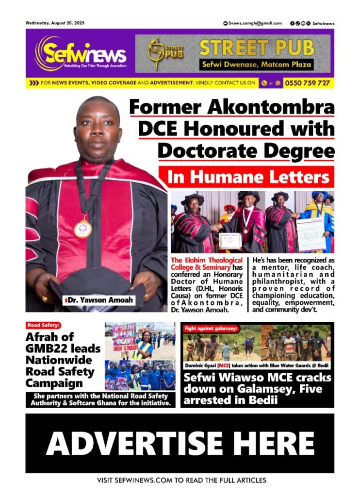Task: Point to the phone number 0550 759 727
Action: [307, 83]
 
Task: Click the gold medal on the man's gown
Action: [82, 228]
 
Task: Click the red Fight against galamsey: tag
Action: [211, 329]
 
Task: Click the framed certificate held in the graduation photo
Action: [230, 240]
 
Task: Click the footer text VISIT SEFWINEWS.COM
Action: [146, 480]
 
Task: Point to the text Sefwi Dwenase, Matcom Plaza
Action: [257, 64]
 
